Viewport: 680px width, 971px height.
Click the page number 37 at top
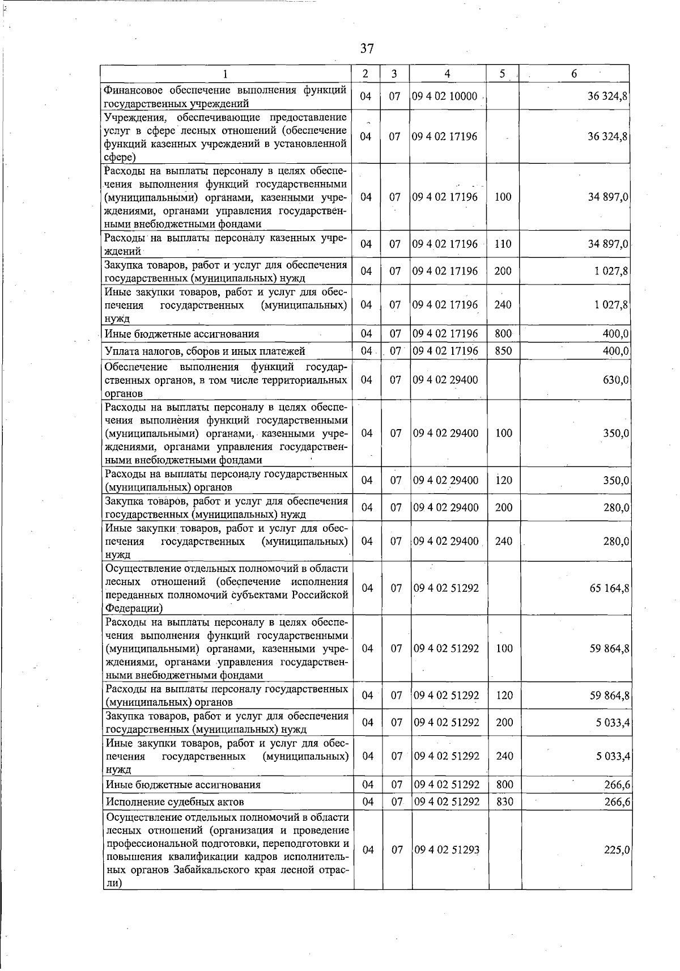pos(367,48)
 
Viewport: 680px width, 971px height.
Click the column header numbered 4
pos(448,74)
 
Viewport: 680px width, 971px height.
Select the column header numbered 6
pos(574,74)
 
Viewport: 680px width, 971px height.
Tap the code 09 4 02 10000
pos(445,96)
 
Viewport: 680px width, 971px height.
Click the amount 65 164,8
pos(609,588)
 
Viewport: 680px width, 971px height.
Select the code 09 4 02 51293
pos(447,850)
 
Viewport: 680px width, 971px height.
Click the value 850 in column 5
pos(503,351)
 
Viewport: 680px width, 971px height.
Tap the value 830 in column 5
pos(504,802)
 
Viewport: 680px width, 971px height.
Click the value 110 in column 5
pos(503,244)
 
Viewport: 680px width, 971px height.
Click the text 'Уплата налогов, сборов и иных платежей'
pos(205,351)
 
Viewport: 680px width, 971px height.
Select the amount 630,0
pos(616,380)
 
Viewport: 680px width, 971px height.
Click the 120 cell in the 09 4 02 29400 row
pos(504,481)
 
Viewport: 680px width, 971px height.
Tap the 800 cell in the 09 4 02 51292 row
pos(504,785)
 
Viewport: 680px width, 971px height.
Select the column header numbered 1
pos(226,74)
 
